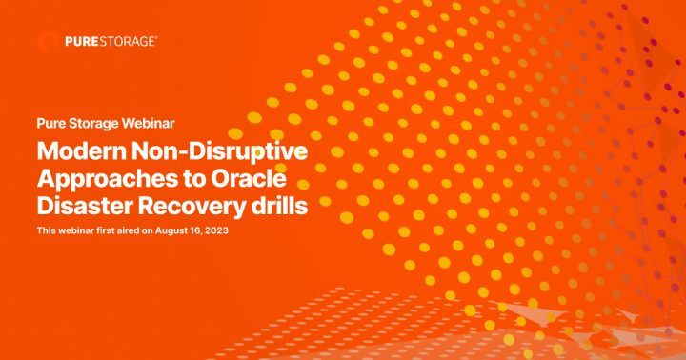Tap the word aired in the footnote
click(x=128, y=231)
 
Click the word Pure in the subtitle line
click(x=50, y=124)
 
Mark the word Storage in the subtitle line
click(x=94, y=124)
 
